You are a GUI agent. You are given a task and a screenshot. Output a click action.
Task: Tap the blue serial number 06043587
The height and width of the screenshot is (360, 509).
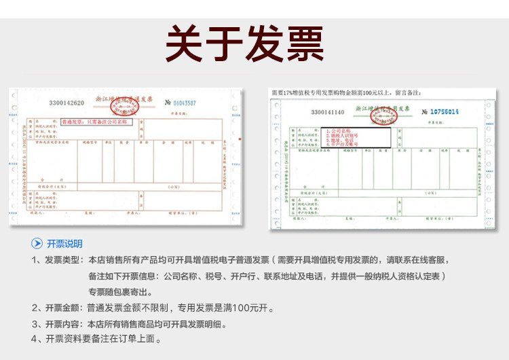click(x=181, y=103)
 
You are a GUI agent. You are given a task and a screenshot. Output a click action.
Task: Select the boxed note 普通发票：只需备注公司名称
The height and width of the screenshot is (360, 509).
click(x=98, y=123)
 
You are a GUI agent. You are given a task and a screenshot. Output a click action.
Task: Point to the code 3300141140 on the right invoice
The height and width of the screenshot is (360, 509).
click(x=328, y=111)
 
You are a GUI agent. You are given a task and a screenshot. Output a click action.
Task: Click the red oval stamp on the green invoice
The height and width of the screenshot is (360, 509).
click(x=382, y=112)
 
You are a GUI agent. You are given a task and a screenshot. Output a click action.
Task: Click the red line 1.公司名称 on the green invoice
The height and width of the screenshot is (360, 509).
click(x=339, y=130)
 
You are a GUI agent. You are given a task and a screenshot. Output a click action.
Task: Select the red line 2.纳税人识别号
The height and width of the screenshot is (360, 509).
click(x=343, y=134)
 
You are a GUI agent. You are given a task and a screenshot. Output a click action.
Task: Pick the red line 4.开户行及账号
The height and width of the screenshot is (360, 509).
click(x=343, y=144)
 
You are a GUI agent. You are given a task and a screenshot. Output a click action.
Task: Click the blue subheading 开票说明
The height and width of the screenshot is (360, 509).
click(x=64, y=244)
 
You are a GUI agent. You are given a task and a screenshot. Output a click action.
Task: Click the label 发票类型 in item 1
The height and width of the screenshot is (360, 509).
click(x=63, y=260)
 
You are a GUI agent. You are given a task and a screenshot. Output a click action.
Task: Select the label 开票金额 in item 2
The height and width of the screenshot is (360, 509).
click(x=63, y=308)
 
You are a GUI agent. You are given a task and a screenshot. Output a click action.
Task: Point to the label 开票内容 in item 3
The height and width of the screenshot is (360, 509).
click(x=63, y=324)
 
